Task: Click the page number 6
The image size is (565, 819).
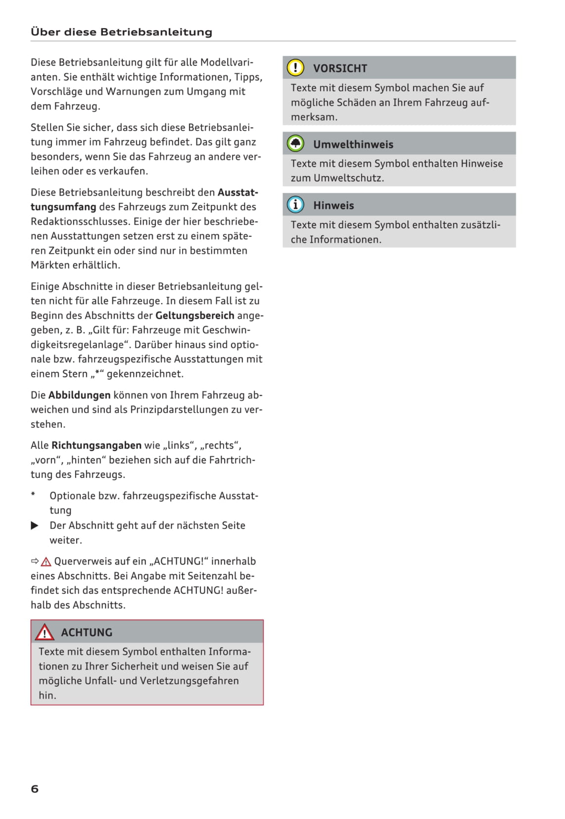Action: [35, 789]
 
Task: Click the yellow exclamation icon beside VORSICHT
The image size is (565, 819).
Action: [295, 68]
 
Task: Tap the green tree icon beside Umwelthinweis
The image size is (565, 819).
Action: [295, 144]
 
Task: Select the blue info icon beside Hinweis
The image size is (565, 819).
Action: [295, 205]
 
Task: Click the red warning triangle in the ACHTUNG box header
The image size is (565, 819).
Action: [45, 632]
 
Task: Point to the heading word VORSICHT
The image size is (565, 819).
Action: [340, 68]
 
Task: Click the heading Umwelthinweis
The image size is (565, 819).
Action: [353, 145]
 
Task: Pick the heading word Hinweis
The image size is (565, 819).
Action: [333, 205]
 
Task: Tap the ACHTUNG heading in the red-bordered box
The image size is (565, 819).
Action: [87, 632]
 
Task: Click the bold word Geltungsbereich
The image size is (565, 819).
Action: [194, 315]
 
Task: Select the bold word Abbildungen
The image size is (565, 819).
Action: [79, 395]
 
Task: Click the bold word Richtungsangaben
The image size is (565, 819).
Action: [96, 445]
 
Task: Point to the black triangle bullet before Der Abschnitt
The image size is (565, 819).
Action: [35, 525]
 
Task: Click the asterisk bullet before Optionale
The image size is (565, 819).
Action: [33, 494]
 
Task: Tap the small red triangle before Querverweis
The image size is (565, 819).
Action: [47, 562]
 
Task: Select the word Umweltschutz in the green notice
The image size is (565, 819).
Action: [352, 178]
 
